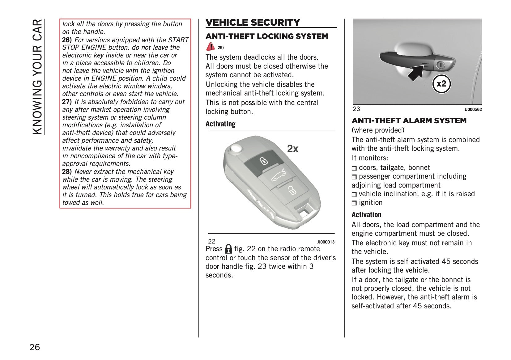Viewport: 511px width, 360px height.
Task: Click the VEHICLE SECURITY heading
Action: pos(253,23)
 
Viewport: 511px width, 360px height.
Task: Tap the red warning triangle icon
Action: pos(211,47)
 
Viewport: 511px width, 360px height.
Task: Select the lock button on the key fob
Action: pos(263,161)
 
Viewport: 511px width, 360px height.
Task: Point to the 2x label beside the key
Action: pos(293,149)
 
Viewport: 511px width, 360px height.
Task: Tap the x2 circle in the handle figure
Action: pos(441,84)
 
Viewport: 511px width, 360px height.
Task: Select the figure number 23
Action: pos(356,109)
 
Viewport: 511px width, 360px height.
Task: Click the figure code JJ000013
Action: pos(326,242)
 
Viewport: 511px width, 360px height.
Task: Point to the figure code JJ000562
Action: pos(473,109)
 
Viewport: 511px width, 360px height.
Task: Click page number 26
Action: pos(35,347)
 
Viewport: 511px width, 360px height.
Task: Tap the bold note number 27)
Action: pos(67,102)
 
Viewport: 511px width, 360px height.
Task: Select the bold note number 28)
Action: pos(67,172)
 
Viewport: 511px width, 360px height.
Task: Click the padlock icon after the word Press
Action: pos(228,249)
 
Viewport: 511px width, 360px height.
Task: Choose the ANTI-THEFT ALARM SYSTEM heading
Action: pos(409,121)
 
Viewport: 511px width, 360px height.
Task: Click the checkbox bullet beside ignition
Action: pos(354,203)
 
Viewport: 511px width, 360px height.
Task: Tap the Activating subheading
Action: pos(220,124)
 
